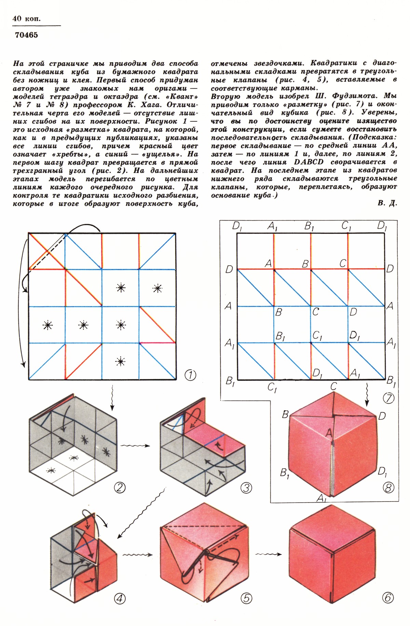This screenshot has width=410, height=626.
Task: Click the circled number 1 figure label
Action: [190, 375]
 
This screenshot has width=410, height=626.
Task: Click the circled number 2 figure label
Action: [119, 487]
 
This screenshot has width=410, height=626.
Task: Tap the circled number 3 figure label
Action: [246, 488]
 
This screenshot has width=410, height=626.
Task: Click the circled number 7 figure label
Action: [389, 398]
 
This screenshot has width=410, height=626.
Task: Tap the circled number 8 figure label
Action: [388, 487]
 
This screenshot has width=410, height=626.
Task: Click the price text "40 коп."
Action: [26, 18]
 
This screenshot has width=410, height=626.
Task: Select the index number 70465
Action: [26, 35]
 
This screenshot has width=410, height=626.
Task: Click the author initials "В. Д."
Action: [387, 203]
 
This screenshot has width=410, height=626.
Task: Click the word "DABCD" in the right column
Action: [309, 162]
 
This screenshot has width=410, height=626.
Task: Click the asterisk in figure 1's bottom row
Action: [121, 361]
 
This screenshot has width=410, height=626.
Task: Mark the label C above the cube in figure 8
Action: [333, 387]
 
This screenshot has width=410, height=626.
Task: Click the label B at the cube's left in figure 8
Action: [285, 415]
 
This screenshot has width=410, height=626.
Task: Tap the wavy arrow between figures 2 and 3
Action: [136, 446]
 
